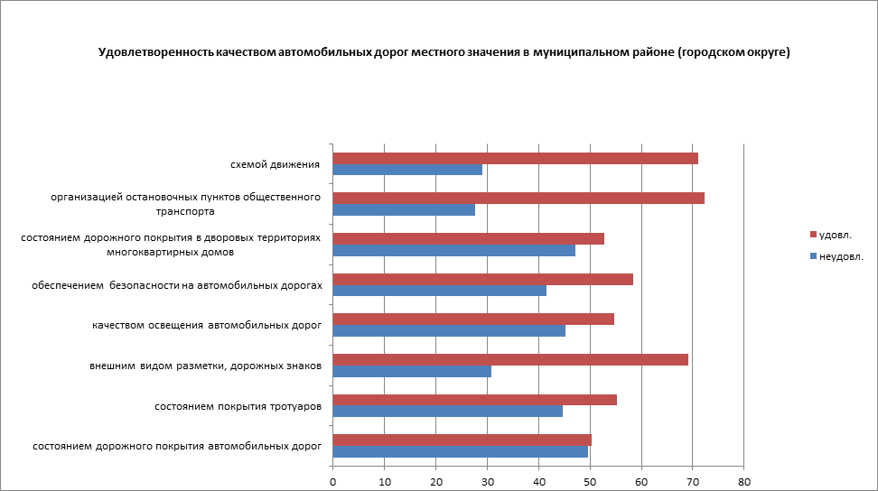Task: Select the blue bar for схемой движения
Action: [407, 170]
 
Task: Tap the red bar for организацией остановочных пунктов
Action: [518, 199]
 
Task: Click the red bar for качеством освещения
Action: [473, 319]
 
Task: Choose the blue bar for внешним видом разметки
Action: [412, 371]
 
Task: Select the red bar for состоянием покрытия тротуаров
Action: [475, 399]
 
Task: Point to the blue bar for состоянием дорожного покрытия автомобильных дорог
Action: [461, 451]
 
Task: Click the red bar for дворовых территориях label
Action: [469, 238]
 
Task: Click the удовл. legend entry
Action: [834, 235]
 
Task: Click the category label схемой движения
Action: [276, 164]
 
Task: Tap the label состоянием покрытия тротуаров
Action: [238, 406]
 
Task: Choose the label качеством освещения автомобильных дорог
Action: [207, 325]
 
